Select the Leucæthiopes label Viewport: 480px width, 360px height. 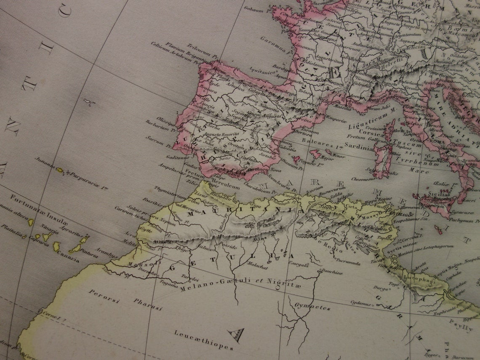click(204, 339)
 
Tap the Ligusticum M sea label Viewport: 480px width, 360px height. click(365, 125)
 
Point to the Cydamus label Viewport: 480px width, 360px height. click(362, 303)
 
